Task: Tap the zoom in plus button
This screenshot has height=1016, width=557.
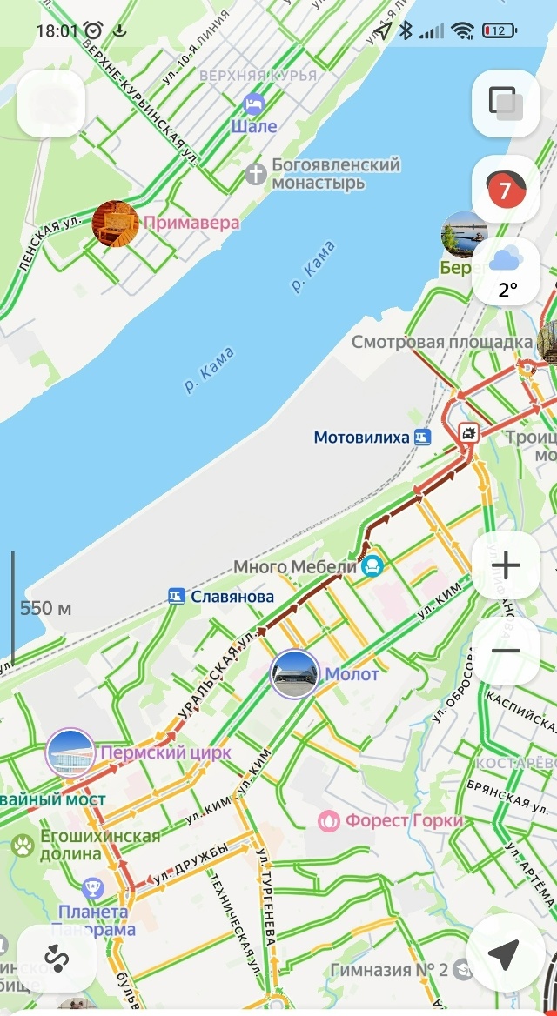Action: [506, 566]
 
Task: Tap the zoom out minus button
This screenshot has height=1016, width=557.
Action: [506, 651]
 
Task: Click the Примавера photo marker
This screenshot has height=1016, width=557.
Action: [115, 224]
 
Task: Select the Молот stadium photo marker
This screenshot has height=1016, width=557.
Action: [294, 674]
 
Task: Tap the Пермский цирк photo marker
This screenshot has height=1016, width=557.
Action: [70, 752]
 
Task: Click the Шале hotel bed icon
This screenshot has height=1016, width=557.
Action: [253, 104]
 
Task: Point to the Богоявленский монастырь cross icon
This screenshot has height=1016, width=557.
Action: [255, 173]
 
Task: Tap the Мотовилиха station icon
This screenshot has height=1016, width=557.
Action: [422, 437]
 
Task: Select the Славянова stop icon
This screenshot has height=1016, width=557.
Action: [177, 597]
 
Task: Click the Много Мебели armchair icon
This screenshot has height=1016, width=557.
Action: [372, 566]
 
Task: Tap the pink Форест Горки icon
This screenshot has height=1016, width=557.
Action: [329, 820]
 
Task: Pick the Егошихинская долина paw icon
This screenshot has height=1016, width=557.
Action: [23, 843]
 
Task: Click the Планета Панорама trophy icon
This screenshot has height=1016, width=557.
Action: [93, 889]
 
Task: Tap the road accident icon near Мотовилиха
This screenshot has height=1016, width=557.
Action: [469, 432]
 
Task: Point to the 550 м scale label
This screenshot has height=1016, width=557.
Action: [46, 608]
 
